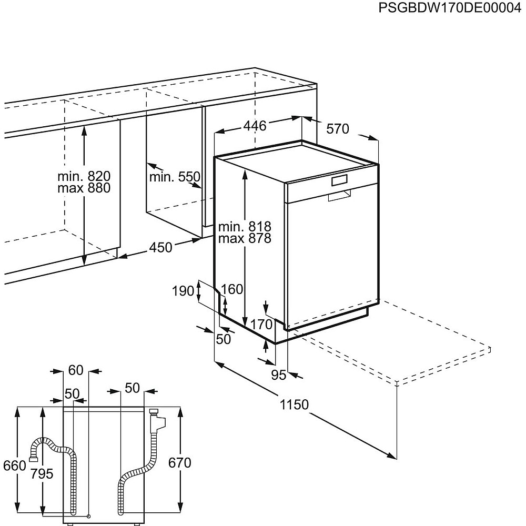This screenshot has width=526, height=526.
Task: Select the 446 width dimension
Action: (x=255, y=126)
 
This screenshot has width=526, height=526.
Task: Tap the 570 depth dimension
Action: (x=338, y=129)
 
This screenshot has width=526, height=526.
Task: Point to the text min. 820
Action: (x=84, y=176)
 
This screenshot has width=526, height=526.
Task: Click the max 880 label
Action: (x=84, y=188)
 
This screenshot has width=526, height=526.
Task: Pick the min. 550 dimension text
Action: (x=175, y=177)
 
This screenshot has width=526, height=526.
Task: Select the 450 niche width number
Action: (x=160, y=247)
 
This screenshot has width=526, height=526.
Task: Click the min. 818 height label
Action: (x=245, y=227)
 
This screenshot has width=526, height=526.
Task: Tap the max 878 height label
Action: (x=245, y=238)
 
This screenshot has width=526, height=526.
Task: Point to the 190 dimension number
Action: (x=184, y=291)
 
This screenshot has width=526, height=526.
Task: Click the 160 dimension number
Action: (x=232, y=289)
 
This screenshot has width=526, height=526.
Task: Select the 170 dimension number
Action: (x=261, y=325)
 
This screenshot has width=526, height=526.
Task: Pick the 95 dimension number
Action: (x=278, y=375)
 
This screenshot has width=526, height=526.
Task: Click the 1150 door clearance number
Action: (x=294, y=405)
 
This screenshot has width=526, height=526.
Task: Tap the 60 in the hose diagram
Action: (x=76, y=370)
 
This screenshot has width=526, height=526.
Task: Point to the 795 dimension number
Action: (x=42, y=473)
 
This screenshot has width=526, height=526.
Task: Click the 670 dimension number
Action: (x=179, y=463)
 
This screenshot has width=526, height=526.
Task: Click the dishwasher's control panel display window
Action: (x=340, y=180)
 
